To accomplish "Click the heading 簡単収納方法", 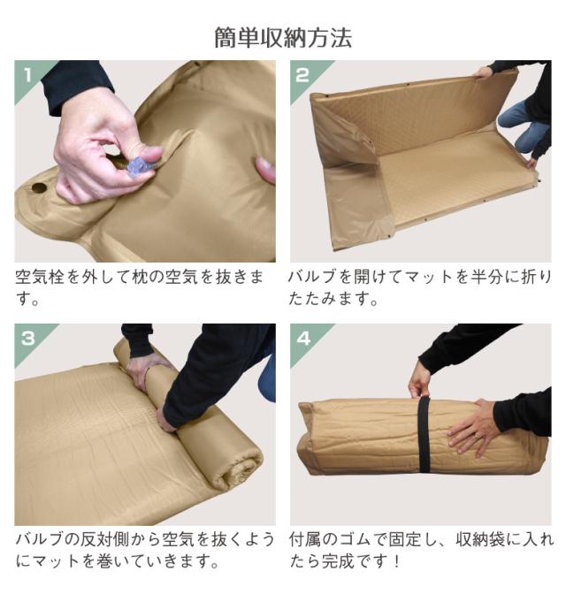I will (283, 38).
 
